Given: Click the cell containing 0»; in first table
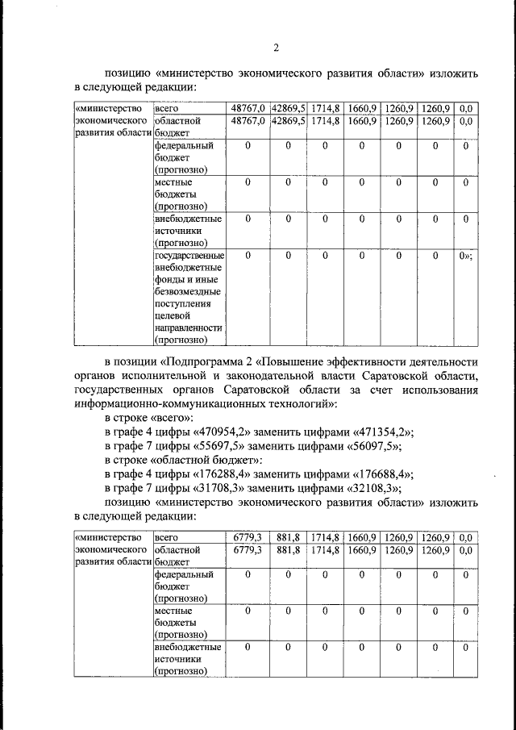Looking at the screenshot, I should (x=465, y=256).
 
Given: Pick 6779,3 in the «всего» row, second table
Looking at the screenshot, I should (x=248, y=536).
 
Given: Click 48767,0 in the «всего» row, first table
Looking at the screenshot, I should (x=248, y=108).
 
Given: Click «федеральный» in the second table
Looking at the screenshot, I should (x=183, y=575).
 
